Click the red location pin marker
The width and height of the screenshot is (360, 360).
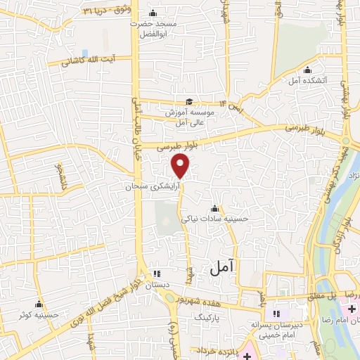[181, 166]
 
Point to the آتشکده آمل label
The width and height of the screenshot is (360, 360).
[307, 81]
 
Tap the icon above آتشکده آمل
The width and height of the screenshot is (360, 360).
[307, 70]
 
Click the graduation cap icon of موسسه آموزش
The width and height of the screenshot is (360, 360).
[188, 101]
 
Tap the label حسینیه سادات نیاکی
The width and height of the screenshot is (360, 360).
[215, 219]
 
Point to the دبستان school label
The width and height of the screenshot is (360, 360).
[157, 285]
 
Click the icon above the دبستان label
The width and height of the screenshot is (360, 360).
[157, 274]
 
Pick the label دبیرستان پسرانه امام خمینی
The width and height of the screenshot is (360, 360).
[276, 330]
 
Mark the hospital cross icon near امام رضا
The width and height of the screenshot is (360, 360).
[351, 309]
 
